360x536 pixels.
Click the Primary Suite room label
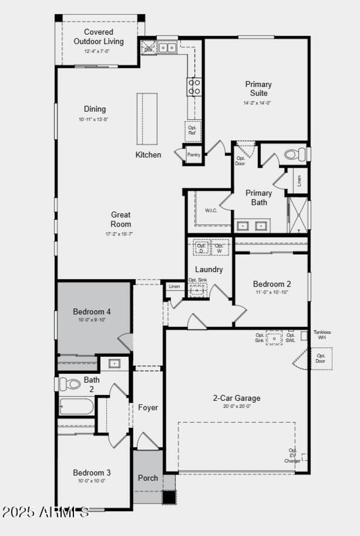click(x=258, y=89)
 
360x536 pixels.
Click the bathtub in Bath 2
click(x=76, y=406)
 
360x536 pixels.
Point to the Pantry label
click(x=193, y=155)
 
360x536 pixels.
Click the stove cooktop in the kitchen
click(x=194, y=87)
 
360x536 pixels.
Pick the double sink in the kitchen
click(x=167, y=47)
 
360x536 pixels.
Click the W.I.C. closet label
click(x=211, y=211)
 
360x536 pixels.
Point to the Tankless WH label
click(x=322, y=335)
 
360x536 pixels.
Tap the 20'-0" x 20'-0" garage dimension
click(x=237, y=406)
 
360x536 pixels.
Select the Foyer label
click(x=148, y=408)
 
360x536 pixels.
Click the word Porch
click(x=148, y=478)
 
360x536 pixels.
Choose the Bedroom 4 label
click(x=92, y=311)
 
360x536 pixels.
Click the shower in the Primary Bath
click(x=298, y=215)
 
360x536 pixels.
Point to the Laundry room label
click(x=209, y=269)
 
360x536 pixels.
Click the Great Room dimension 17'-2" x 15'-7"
click(x=119, y=234)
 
